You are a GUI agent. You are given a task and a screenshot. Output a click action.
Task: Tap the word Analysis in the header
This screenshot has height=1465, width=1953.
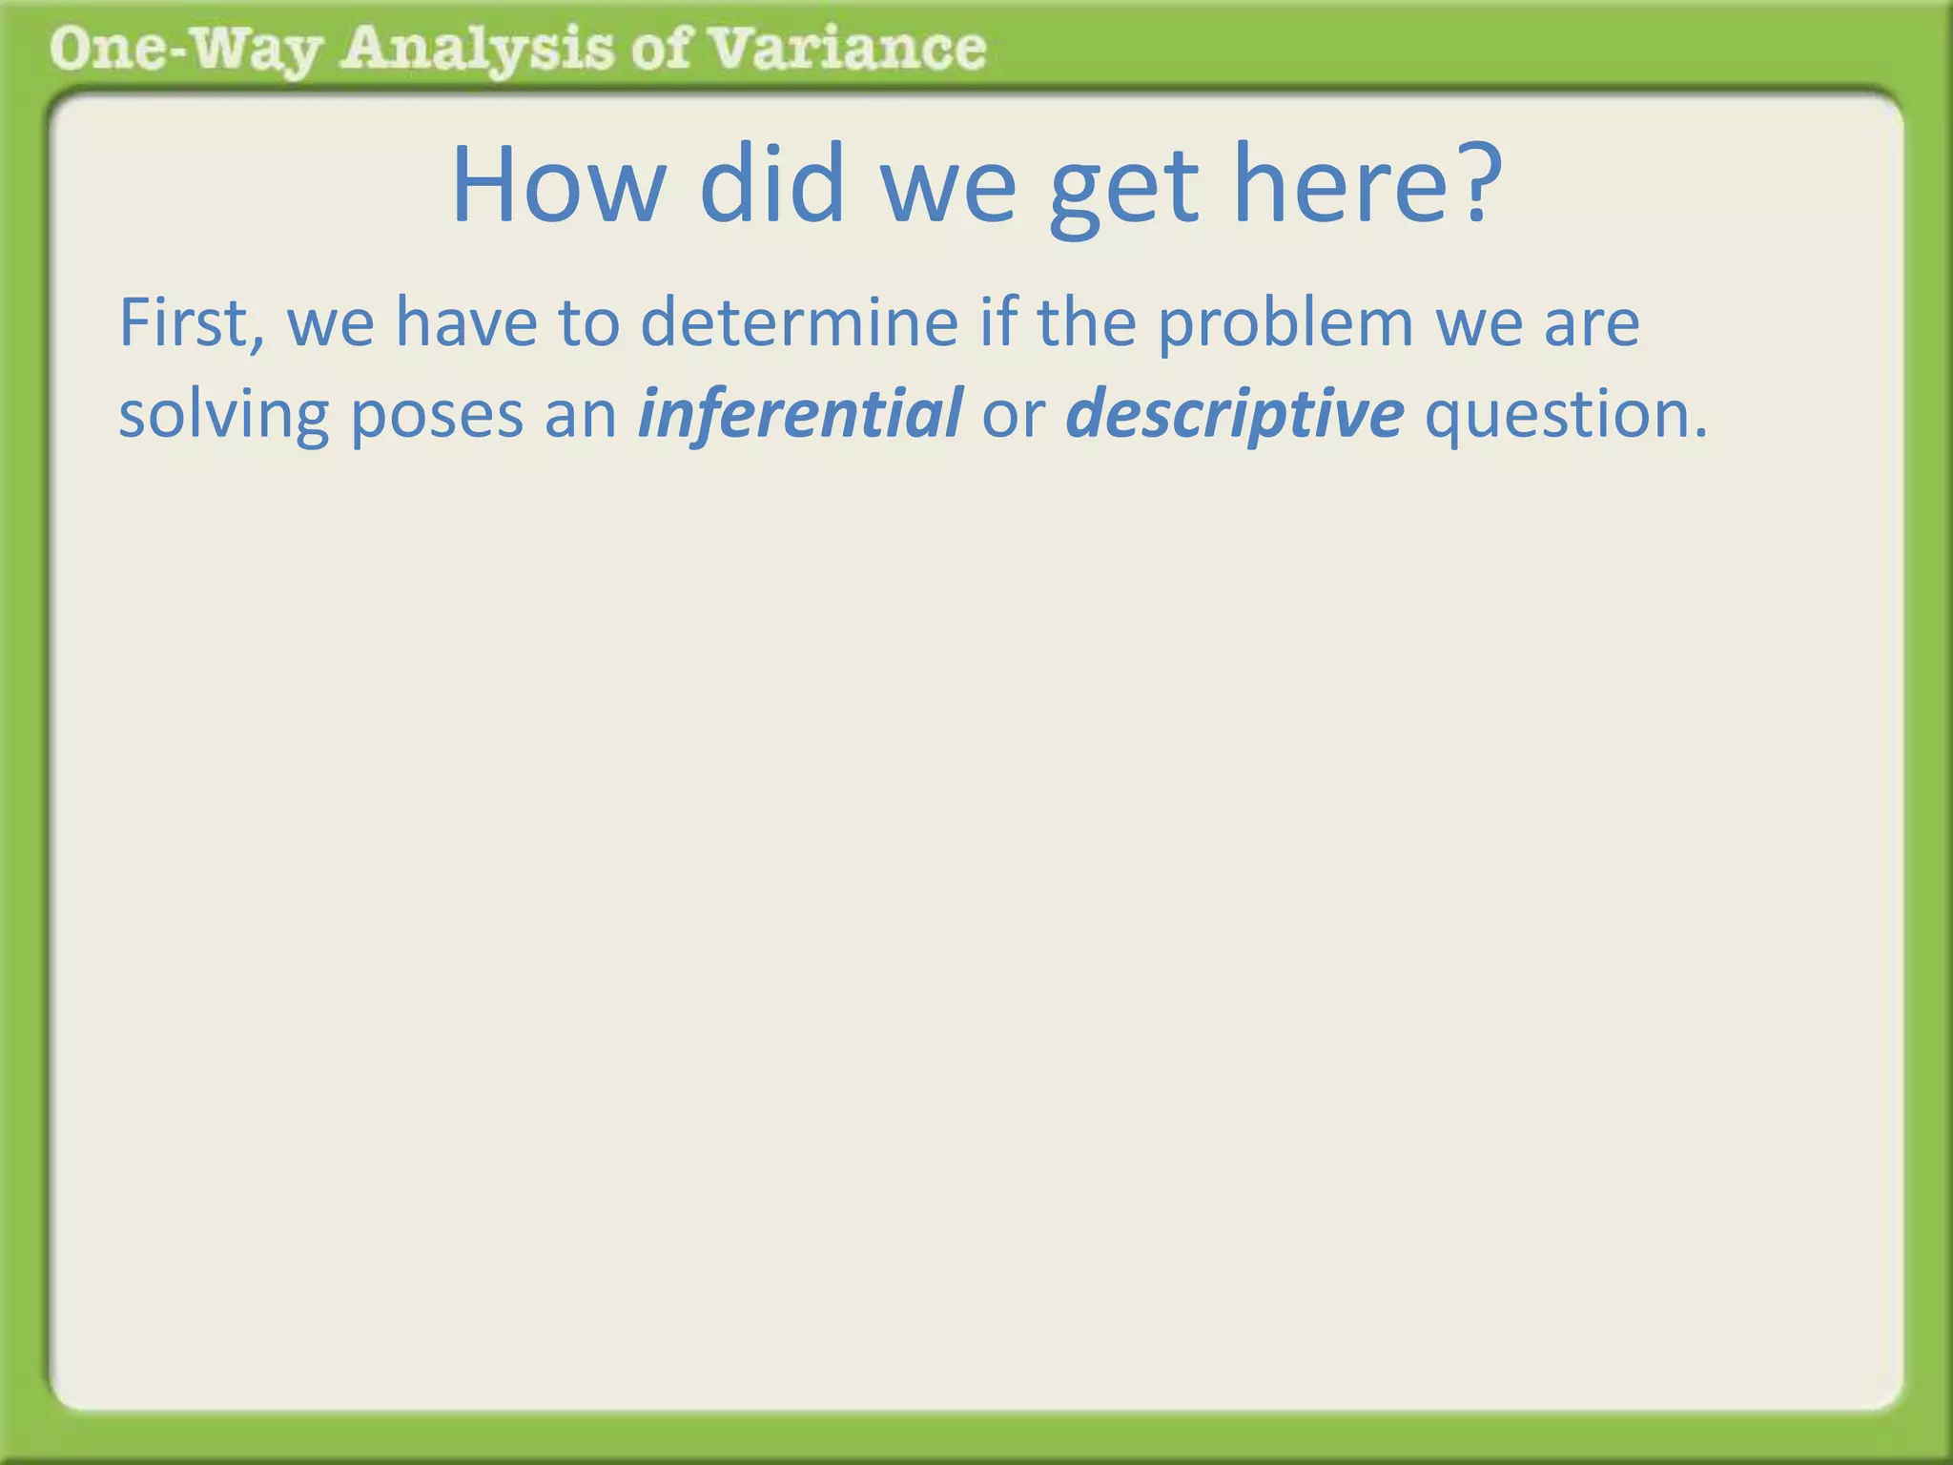(x=477, y=50)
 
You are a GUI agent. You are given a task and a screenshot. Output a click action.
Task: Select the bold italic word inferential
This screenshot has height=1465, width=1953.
(x=800, y=414)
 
